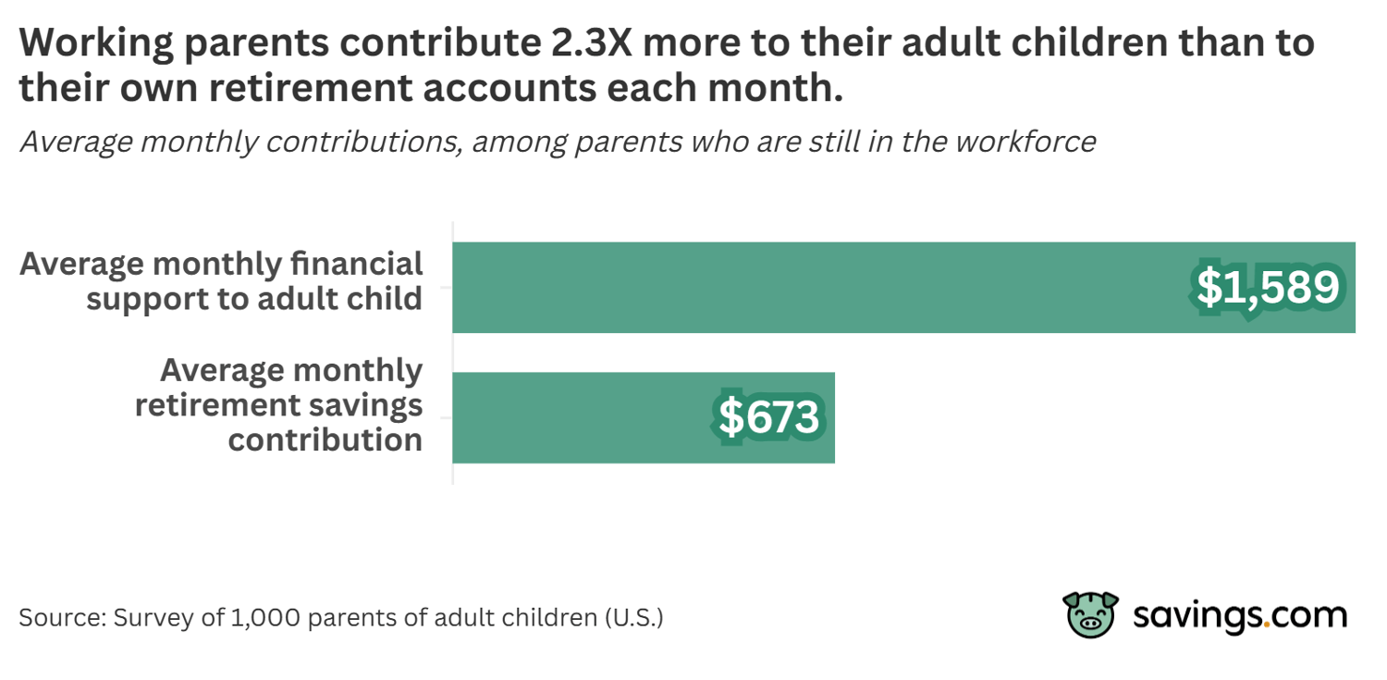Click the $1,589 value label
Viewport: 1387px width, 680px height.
pyautogui.click(x=1268, y=288)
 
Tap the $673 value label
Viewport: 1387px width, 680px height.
pyautogui.click(x=768, y=417)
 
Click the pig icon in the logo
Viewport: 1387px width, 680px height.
pyautogui.click(x=1091, y=615)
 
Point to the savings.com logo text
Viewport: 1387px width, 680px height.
pyautogui.click(x=1240, y=615)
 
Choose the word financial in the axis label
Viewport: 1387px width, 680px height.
pyautogui.click(x=356, y=264)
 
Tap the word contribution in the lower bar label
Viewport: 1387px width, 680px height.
pyautogui.click(x=325, y=439)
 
